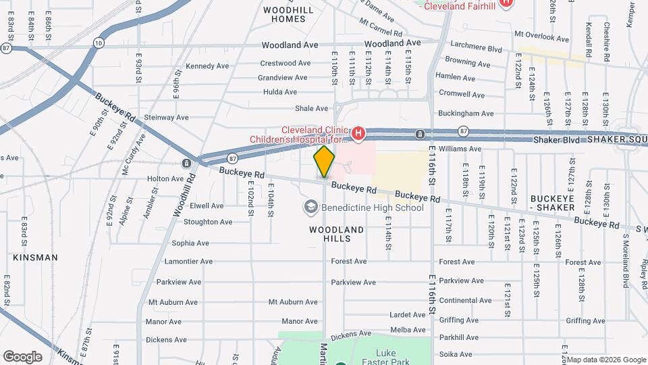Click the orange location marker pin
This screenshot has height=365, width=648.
click(x=325, y=162)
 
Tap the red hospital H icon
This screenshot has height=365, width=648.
click(x=358, y=133)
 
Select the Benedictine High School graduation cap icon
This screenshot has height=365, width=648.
click(x=311, y=206)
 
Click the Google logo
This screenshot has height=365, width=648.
click(x=22, y=356)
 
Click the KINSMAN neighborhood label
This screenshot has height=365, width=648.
click(x=35, y=258)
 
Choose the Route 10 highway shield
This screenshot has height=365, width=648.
click(x=99, y=43)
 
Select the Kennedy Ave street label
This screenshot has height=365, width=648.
click(x=207, y=66)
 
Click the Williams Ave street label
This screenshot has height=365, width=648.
click(x=460, y=149)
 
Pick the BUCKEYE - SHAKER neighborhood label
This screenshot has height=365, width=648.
click(x=552, y=203)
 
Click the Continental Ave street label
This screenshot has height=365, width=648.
click(x=465, y=300)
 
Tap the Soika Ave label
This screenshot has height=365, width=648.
click(x=456, y=354)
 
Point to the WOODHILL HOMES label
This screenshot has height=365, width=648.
click(x=288, y=14)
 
